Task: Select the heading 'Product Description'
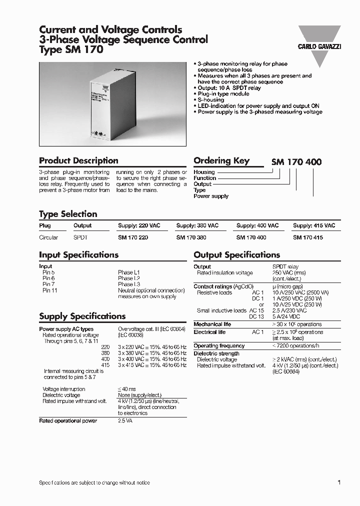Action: pyautogui.click(x=78, y=161)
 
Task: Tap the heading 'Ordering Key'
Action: pyautogui.click(x=221, y=161)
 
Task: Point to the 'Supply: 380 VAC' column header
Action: pyautogui.click(x=197, y=226)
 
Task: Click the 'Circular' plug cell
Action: pyautogui.click(x=48, y=238)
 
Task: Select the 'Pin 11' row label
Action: pyautogui.click(x=49, y=290)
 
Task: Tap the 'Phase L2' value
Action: pyautogui.click(x=129, y=278)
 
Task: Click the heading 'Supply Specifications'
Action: pyautogui.click(x=82, y=316)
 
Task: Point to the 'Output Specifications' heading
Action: pyautogui.click(x=236, y=255)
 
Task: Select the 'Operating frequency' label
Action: pyautogui.click(x=219, y=346)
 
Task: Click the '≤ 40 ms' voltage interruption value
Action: pyautogui.click(x=126, y=389)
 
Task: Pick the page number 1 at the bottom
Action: pyautogui.click(x=339, y=482)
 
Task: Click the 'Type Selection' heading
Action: pyautogui.click(x=68, y=214)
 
